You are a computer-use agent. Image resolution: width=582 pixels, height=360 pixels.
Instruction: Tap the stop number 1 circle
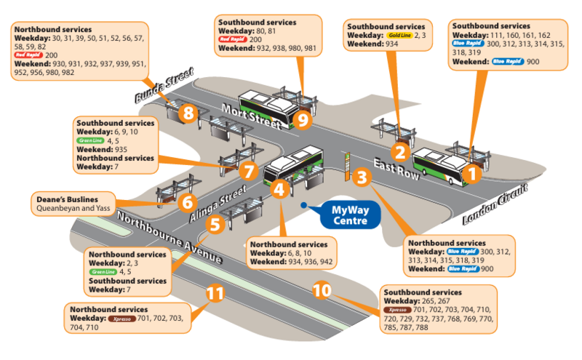[x=471, y=173]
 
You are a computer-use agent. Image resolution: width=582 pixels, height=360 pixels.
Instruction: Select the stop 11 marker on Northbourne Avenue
[x=214, y=293]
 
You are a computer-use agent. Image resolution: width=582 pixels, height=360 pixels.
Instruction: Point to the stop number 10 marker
[x=323, y=290]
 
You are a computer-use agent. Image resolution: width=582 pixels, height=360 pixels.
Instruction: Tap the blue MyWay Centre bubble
[x=344, y=215]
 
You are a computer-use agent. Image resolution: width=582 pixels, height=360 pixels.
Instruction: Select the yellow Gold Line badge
[x=401, y=35]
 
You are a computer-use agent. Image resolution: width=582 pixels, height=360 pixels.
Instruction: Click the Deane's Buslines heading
[x=66, y=198]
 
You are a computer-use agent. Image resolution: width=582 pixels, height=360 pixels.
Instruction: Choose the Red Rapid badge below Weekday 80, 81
[x=232, y=40]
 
